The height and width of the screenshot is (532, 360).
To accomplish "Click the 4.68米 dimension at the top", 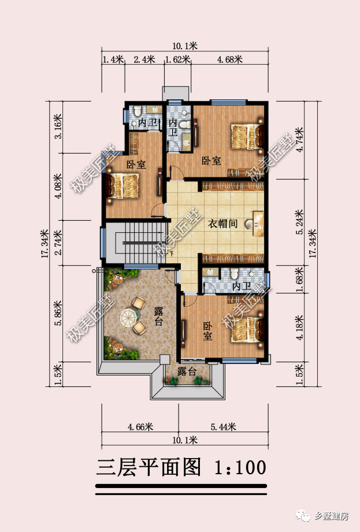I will (229, 59).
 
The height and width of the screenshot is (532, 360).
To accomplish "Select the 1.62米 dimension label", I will (177, 59).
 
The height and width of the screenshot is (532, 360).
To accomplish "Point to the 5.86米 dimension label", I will (57, 314).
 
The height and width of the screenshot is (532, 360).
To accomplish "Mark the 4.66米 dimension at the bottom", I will (140, 427).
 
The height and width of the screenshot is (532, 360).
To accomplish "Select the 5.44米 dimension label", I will (224, 427).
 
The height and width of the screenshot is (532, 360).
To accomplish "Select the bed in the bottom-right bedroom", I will (245, 329).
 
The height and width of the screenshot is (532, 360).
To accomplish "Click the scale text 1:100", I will (240, 466).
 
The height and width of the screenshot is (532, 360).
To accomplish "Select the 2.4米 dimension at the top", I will (144, 59).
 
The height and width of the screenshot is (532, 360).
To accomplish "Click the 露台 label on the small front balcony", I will (187, 371).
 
